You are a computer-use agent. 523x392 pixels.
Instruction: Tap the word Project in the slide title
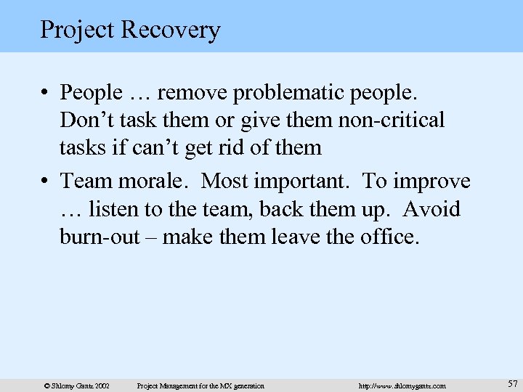pos(76,30)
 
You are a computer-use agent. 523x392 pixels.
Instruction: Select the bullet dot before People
pos(45,94)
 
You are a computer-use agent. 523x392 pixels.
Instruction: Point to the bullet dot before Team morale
pos(45,181)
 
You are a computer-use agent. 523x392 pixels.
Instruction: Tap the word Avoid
pos(431,209)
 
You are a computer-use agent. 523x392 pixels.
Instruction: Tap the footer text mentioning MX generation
pos(201,385)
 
